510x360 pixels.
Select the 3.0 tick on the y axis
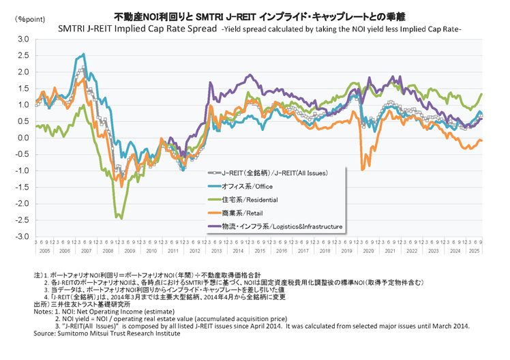coord(22,39)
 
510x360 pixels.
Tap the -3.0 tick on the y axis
coord(20,237)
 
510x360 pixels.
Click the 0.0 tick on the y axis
coord(22,138)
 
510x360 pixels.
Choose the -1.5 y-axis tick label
coord(20,187)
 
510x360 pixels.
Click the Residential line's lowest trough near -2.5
coord(121,218)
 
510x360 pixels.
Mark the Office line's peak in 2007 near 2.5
coord(83,55)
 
